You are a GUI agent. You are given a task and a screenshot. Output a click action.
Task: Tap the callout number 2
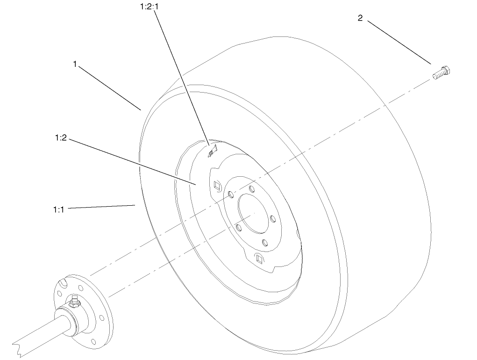(360, 18)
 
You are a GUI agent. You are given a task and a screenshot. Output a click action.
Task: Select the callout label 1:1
(58, 209)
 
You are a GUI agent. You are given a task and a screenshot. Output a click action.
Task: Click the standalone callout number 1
(75, 64)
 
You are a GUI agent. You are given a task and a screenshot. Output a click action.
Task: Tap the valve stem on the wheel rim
(213, 151)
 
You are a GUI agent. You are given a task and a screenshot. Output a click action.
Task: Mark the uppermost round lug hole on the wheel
(251, 189)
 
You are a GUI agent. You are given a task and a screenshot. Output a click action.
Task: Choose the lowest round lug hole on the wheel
(265, 243)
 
